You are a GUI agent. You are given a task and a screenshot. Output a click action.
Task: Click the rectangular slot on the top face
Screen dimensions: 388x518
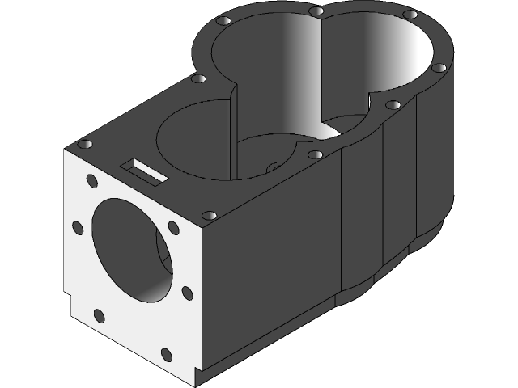pos(144,170)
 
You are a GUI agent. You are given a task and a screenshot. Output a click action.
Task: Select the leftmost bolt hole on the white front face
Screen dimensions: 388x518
pos(79,227)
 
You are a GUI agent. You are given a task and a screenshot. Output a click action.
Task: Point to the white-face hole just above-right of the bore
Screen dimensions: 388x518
pos(172,228)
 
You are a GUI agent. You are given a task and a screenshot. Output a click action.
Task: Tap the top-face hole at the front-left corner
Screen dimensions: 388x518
pos(84,144)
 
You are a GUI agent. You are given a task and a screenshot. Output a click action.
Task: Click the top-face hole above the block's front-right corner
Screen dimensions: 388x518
pos(208,216)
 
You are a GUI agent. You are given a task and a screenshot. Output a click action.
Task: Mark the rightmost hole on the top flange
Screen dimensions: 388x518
pos(439,68)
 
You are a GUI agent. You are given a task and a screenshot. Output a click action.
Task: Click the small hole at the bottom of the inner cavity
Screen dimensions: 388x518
pos(274,167)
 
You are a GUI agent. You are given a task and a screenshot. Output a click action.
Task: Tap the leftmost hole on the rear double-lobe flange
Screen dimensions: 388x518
pos(225,19)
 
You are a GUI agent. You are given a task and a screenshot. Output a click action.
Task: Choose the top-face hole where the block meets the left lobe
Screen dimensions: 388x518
pos(197,78)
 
